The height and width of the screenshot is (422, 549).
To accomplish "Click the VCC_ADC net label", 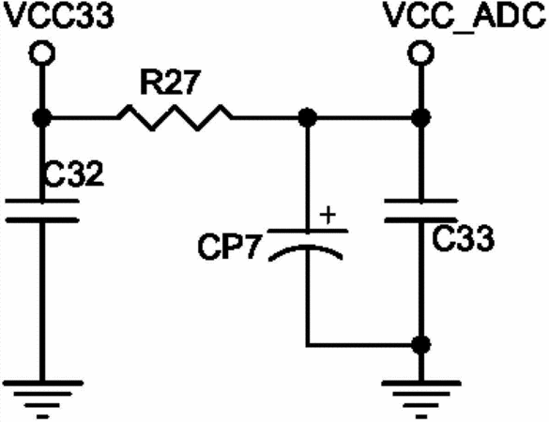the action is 465,15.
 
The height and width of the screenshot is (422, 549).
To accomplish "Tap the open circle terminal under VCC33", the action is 42,53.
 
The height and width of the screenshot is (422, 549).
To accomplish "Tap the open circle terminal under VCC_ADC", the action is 420,53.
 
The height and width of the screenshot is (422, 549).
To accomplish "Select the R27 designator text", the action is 171,83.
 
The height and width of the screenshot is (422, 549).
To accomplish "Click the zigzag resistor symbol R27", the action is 175,117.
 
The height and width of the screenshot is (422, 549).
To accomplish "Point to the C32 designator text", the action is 74,173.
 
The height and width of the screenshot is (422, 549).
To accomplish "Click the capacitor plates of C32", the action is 42,211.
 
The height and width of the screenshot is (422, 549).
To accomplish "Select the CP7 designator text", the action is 230,247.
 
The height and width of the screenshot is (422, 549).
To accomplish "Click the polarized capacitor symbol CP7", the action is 308,245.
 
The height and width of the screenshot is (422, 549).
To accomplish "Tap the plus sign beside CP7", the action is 328,215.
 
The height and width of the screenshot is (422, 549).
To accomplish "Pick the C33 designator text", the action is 463,238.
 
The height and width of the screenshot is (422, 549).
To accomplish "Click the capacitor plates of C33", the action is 420,211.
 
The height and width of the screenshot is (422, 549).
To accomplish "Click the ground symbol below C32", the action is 43,399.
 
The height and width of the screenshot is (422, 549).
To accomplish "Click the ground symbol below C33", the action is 421,399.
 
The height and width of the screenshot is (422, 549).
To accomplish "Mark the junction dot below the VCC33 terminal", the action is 42,117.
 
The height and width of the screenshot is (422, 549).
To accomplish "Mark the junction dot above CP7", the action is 308,117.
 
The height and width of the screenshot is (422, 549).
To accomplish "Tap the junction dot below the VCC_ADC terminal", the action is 420,117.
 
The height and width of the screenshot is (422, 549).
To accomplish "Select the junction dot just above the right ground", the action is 420,345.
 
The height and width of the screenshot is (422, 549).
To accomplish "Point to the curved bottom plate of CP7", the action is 306,248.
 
